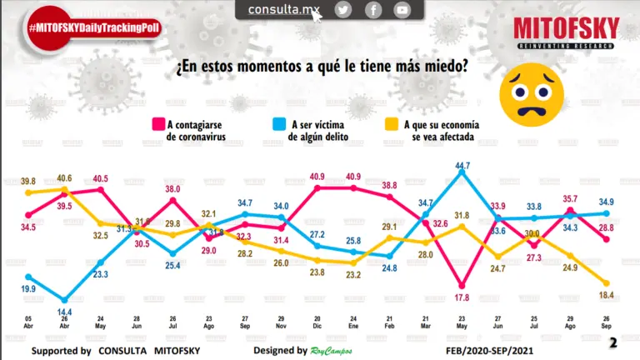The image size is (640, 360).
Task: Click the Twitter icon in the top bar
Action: pyautogui.click(x=343, y=10)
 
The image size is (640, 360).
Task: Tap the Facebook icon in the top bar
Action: pyautogui.click(x=373, y=10)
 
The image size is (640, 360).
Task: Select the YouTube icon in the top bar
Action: pyautogui.click(x=402, y=10)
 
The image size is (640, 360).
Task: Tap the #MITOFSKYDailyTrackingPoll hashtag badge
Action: pyautogui.click(x=93, y=28)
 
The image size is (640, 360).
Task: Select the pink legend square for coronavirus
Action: pyautogui.click(x=157, y=125)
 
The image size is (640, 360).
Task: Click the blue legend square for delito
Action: pyautogui.click(x=279, y=125)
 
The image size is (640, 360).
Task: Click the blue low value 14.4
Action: pyautogui.click(x=63, y=312)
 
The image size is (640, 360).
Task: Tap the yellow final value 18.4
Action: pyautogui.click(x=606, y=297)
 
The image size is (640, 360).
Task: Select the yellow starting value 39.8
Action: pyautogui.click(x=29, y=182)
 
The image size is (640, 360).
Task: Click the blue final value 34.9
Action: pyautogui.click(x=607, y=202)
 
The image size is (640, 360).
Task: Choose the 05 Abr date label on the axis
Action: pyautogui.click(x=29, y=321)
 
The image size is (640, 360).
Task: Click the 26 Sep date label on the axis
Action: pyautogui.click(x=607, y=321)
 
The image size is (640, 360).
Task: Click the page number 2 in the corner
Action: pyautogui.click(x=613, y=343)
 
